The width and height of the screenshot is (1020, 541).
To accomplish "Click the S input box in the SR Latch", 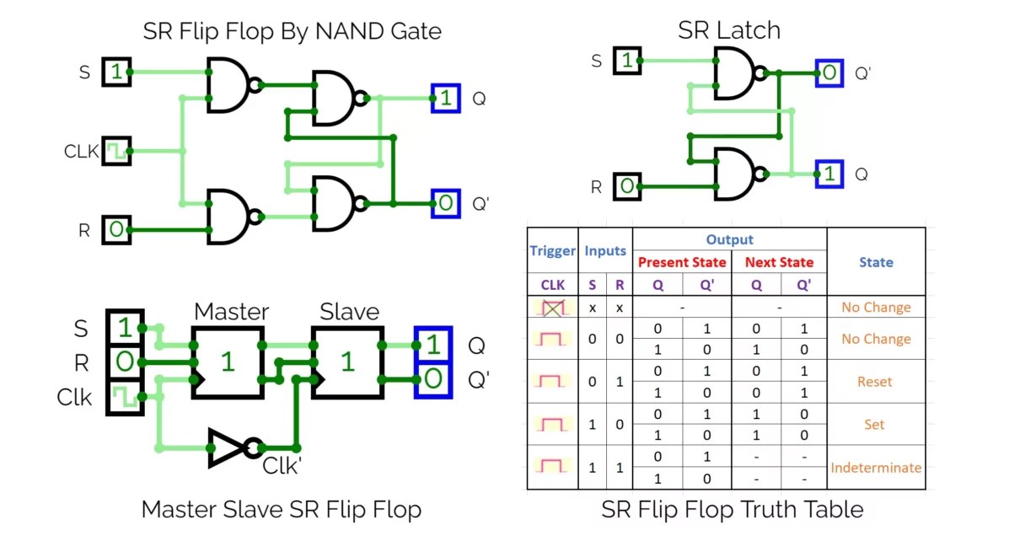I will coord(626,61).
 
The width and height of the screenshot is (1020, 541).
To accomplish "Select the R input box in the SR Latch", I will coord(626,185).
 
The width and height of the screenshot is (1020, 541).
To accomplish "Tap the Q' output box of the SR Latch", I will coord(829,73).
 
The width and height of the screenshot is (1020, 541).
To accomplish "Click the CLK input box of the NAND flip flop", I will coord(115,152).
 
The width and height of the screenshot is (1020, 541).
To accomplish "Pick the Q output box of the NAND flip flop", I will coord(445,99).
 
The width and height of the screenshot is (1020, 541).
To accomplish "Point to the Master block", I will coord(228,362).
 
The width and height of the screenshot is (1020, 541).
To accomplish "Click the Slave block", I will coord(348,362).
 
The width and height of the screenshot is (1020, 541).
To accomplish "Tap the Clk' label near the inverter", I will coord(282,466).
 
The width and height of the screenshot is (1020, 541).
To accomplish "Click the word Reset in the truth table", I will coord(874,382).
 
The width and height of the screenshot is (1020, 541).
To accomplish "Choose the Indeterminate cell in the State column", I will coord(876,468).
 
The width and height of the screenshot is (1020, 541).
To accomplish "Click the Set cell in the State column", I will coord(874,425).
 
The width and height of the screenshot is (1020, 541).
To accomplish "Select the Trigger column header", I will coord(551,250).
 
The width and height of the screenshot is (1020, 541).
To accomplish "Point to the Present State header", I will coord(681,262).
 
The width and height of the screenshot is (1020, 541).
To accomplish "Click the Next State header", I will coord(779,262).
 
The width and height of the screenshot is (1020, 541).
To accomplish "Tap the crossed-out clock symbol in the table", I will coord(552,308).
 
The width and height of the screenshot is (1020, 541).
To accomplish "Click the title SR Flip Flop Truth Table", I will coord(732,510).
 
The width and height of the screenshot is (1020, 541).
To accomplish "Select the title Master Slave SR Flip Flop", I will coord(281,510).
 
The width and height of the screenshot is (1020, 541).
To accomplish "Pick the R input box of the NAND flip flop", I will coord(116,229).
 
